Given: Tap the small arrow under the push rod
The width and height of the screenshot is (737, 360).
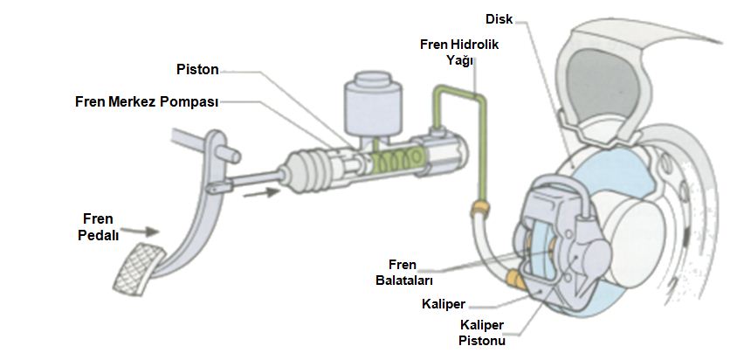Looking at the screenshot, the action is click(252, 193).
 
